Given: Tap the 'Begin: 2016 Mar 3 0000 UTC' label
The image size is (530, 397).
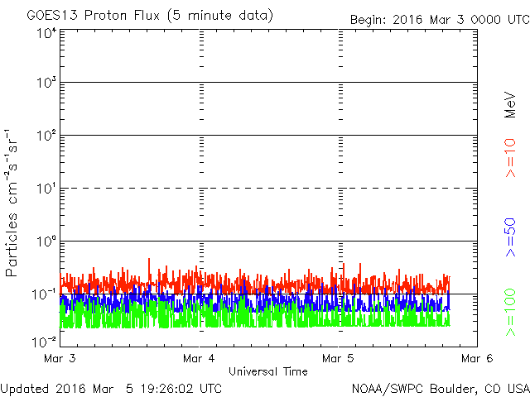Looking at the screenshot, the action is (440, 20).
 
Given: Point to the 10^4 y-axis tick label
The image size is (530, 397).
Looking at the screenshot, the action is (46, 34).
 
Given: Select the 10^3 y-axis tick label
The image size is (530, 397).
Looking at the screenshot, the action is (46, 83).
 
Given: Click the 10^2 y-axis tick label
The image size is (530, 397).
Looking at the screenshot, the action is (46, 136).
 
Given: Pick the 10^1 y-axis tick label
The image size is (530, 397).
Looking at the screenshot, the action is (46, 189).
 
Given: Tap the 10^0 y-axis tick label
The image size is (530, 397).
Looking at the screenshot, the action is (46, 242).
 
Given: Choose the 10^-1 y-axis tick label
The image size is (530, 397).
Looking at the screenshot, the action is (44, 294).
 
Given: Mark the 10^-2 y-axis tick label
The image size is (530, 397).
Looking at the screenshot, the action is (44, 342).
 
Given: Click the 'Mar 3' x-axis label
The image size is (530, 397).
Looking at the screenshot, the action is (60, 358).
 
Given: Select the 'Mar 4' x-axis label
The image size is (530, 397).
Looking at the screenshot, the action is (199, 358).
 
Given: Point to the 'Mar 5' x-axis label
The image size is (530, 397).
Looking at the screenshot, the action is (338, 358).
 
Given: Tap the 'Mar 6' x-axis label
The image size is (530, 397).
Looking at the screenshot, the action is (477, 358).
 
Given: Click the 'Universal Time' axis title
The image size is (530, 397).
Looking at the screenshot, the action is (268, 371).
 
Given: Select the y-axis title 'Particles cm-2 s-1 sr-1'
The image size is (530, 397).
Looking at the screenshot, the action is (11, 203).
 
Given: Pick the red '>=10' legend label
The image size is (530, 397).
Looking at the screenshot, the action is (510, 158).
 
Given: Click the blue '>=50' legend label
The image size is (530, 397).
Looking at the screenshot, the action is (510, 237).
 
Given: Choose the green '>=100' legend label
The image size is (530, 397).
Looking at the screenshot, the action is (510, 313).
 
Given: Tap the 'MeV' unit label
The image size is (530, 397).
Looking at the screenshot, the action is (510, 105).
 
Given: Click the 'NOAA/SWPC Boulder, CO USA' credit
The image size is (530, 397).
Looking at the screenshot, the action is (441, 389).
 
